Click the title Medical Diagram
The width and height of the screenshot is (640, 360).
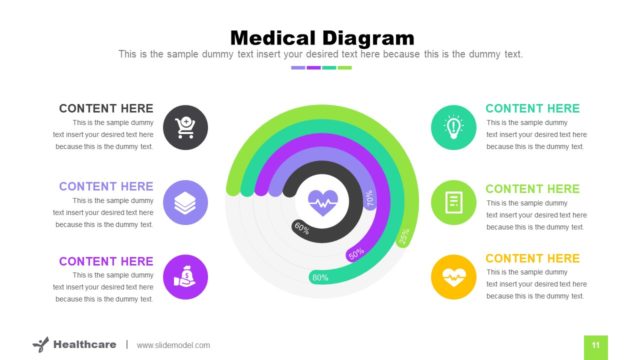(321, 37)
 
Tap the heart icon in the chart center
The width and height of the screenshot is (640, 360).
(322, 202)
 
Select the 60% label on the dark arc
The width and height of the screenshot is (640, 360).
(301, 227)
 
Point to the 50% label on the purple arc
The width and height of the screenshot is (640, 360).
(356, 254)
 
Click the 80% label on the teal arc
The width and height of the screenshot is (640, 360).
(320, 277)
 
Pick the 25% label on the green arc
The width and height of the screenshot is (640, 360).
(404, 236)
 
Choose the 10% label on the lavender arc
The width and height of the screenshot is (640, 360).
(369, 199)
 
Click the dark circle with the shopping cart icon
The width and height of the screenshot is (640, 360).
(185, 127)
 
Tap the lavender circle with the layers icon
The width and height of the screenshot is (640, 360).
(185, 202)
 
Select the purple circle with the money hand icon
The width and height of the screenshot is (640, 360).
(185, 276)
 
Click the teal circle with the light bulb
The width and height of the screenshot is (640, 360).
(454, 127)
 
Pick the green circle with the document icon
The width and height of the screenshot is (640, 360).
(454, 202)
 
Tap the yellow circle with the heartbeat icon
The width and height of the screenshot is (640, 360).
(454, 276)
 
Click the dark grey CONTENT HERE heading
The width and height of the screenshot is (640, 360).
(106, 108)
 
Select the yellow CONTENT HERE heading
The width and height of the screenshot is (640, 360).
(532, 258)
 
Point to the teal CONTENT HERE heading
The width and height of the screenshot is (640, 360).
(532, 108)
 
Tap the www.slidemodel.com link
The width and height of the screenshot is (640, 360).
(173, 345)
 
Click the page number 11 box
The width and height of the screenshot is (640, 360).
(595, 345)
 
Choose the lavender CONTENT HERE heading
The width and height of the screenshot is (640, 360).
(106, 186)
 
